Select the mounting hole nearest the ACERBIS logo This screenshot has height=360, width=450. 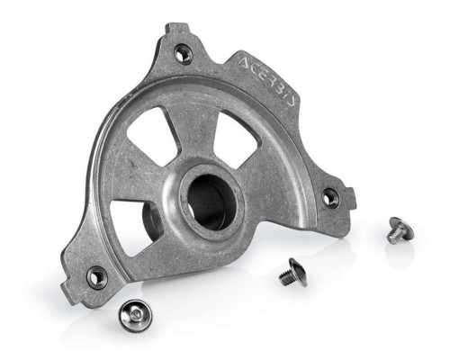click(183, 53)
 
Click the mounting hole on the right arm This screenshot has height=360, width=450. click(330, 196)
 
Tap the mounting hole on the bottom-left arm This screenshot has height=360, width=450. click(96, 277)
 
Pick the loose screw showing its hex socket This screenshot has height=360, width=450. click(135, 315)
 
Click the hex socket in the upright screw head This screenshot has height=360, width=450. click(135, 314)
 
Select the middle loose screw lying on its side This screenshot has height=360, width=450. click(292, 273)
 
